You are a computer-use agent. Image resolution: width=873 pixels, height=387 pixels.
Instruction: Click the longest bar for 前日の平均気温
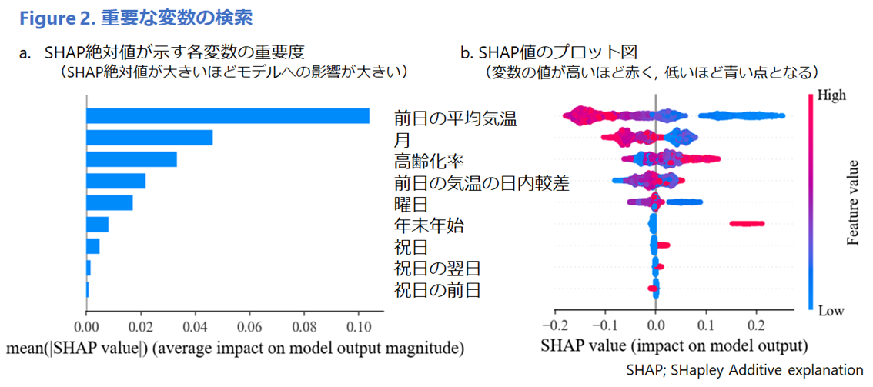tap(227, 115)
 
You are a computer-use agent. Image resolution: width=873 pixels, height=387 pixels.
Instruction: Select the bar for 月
tap(149, 138)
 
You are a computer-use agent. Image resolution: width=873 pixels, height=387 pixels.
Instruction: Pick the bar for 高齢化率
tap(132, 159)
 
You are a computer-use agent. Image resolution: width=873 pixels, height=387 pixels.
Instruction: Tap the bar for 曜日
tap(109, 202)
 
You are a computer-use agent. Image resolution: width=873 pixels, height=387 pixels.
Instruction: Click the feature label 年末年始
tap(428, 226)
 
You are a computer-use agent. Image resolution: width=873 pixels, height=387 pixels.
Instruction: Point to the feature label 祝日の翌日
tap(437, 269)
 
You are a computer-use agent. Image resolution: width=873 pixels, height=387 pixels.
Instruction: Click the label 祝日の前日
tap(437, 291)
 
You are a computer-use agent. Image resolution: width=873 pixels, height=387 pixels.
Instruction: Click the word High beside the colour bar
tap(831, 96)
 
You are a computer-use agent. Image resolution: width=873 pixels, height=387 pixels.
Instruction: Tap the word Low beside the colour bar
tap(830, 310)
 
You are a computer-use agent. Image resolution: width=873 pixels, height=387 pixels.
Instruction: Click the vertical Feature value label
tap(854, 203)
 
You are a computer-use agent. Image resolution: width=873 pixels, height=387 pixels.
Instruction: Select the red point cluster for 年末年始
tap(748, 224)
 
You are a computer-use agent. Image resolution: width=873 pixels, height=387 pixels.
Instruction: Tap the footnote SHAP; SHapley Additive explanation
tap(744, 369)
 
